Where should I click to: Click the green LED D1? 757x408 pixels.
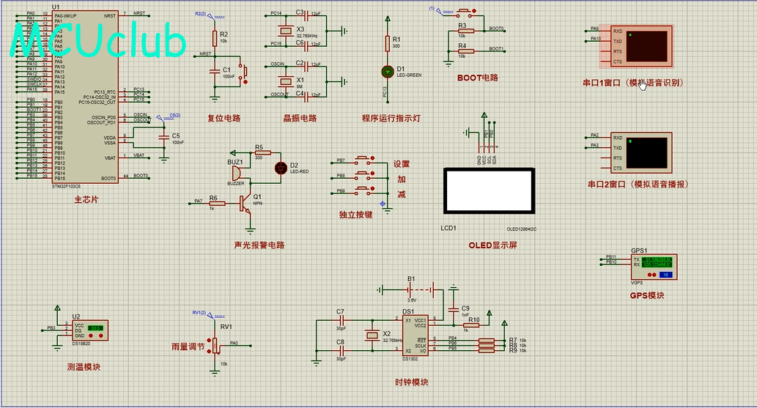(388, 71)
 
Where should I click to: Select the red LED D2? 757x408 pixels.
(280, 168)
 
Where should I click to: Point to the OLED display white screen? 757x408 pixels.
(490, 191)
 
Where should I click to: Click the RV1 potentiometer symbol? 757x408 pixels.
(215, 344)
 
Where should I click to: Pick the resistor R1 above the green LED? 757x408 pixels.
(388, 43)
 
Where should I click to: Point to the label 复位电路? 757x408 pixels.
(224, 119)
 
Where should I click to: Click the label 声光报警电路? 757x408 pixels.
(259, 245)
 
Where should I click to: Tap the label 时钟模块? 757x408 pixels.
(411, 382)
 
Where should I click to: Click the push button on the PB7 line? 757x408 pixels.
(363, 160)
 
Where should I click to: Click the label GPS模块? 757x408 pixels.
(647, 296)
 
